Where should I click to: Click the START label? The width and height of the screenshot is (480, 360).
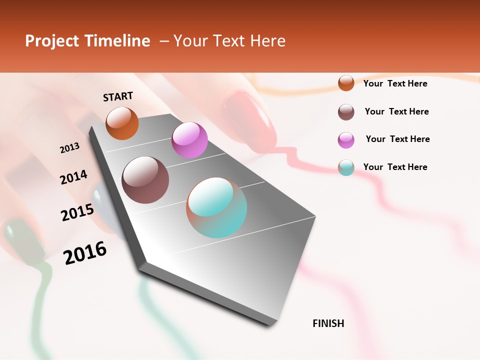pos(118,96)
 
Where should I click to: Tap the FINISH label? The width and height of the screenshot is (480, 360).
pos(328,323)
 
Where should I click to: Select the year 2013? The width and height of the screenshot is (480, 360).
pos(70,148)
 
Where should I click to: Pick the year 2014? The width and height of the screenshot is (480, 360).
pos(73,177)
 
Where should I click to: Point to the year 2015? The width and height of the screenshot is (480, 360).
pos(77,212)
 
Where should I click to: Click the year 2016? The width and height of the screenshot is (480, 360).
pos(85,253)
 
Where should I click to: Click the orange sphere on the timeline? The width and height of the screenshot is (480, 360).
pos(122,123)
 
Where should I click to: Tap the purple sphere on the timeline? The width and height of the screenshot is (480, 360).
pos(189,140)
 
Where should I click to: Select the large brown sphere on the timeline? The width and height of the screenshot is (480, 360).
pos(145,180)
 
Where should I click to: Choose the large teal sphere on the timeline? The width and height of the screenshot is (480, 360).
pos(216,207)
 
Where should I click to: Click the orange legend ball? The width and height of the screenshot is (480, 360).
pos(346,83)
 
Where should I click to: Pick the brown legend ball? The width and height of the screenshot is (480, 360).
pos(346,112)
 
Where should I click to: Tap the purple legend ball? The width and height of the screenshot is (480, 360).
pos(346,140)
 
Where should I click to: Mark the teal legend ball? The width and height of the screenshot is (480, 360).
pos(346,167)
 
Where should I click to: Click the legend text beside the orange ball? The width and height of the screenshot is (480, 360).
pos(395,83)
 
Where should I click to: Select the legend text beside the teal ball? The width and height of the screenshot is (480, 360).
pos(395,167)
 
